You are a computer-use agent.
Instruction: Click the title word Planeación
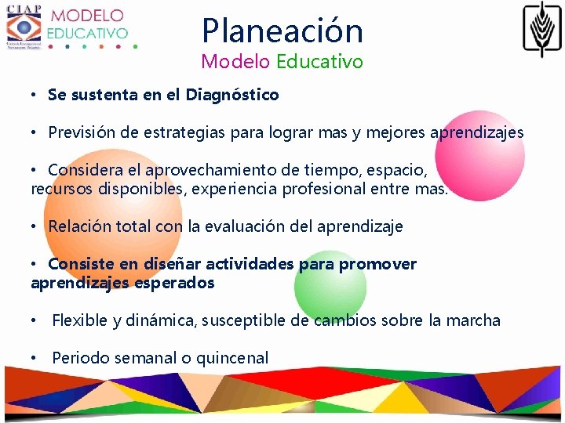point(282,31)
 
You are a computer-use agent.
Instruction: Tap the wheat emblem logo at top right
point(542,29)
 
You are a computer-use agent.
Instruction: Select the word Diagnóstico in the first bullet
point(232,95)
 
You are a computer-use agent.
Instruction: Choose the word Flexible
point(79,320)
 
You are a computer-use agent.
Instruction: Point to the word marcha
point(472,320)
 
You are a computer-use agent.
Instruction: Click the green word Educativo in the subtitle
point(319,61)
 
